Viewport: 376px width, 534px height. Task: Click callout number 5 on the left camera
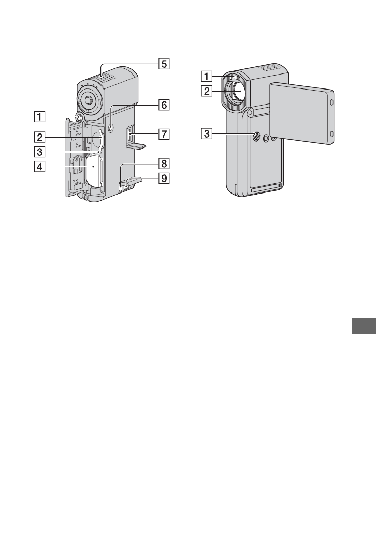(x=163, y=64)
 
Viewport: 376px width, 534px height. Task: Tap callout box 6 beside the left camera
(x=163, y=105)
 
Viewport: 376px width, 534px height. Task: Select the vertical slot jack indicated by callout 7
(x=127, y=137)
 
